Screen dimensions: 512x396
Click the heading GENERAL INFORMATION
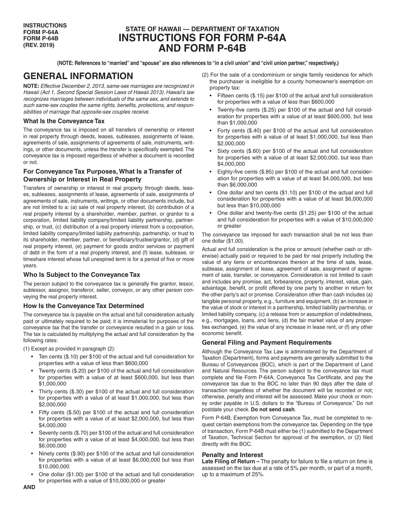(78, 76)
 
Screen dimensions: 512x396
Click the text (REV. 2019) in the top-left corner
(39, 45)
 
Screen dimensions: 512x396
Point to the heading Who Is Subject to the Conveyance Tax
(82, 275)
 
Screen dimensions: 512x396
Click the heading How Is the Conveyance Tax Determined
(83, 306)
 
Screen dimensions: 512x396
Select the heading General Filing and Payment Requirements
(267, 343)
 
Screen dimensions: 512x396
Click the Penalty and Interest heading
(232, 455)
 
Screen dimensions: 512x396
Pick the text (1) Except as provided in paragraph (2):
(69, 349)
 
